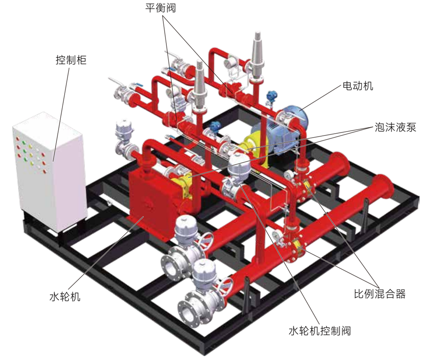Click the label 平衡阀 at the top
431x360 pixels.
160,8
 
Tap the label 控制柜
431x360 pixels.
71,59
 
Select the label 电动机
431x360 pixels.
358,86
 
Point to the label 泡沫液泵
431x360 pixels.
396,127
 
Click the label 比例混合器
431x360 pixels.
380,294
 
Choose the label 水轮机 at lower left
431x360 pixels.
65,297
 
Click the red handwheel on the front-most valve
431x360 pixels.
225,289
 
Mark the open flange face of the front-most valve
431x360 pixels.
187,311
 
